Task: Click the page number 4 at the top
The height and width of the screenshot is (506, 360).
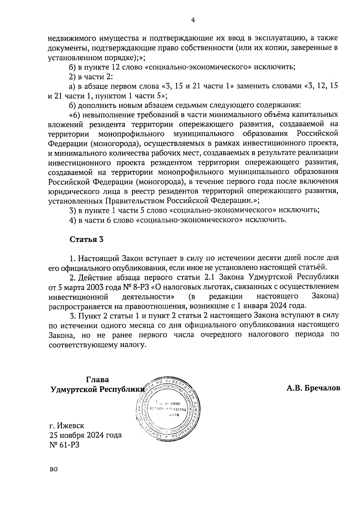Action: click(193, 20)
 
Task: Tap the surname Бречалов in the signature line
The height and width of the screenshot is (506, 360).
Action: click(323, 388)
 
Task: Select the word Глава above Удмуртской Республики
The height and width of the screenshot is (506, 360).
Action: click(97, 379)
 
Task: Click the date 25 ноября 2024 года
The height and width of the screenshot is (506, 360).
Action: click(85, 435)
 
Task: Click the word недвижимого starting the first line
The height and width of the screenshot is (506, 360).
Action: click(70, 38)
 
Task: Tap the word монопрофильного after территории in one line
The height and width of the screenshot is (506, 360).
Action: click(131, 134)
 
